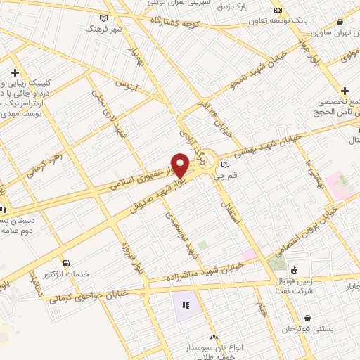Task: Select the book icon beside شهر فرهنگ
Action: [104, 18]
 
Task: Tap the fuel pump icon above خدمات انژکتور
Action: [66, 263]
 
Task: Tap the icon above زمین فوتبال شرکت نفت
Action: [293, 270]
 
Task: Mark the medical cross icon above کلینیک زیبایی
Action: [15, 72]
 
